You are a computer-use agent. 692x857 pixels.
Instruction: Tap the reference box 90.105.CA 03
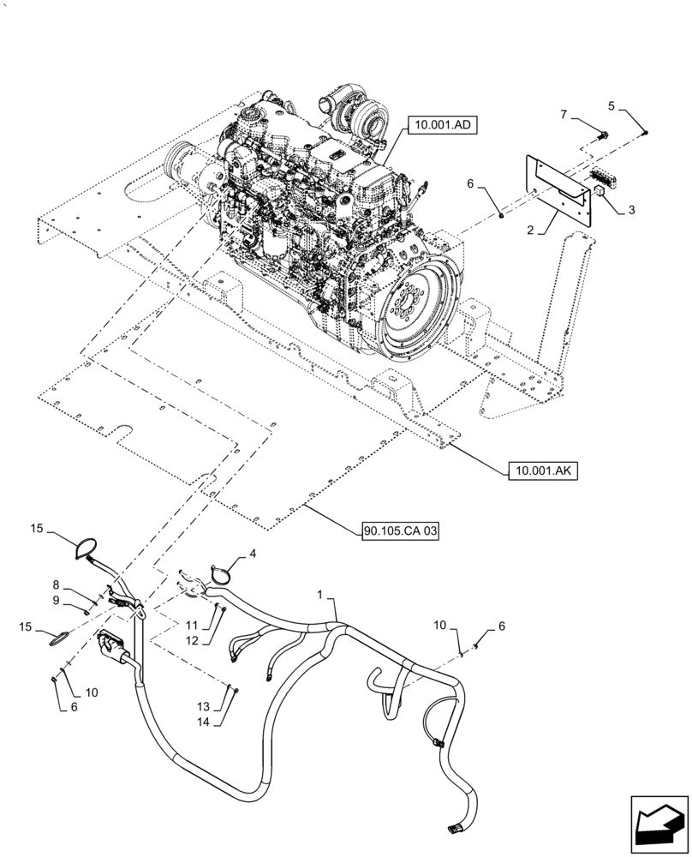tap(399, 532)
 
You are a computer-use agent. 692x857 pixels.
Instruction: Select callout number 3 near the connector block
tap(631, 209)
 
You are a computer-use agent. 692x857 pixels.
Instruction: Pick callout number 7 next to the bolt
tap(563, 114)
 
